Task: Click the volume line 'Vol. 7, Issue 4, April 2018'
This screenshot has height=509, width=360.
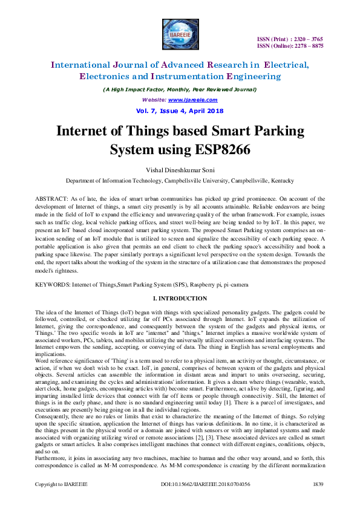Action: click(180, 111)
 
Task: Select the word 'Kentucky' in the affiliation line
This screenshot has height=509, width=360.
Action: click(279, 181)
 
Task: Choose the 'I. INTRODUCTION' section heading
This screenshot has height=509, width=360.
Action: click(180, 299)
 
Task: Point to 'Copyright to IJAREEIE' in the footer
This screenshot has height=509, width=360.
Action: click(61, 501)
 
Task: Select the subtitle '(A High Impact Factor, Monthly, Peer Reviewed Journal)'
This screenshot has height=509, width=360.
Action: click(180, 89)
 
